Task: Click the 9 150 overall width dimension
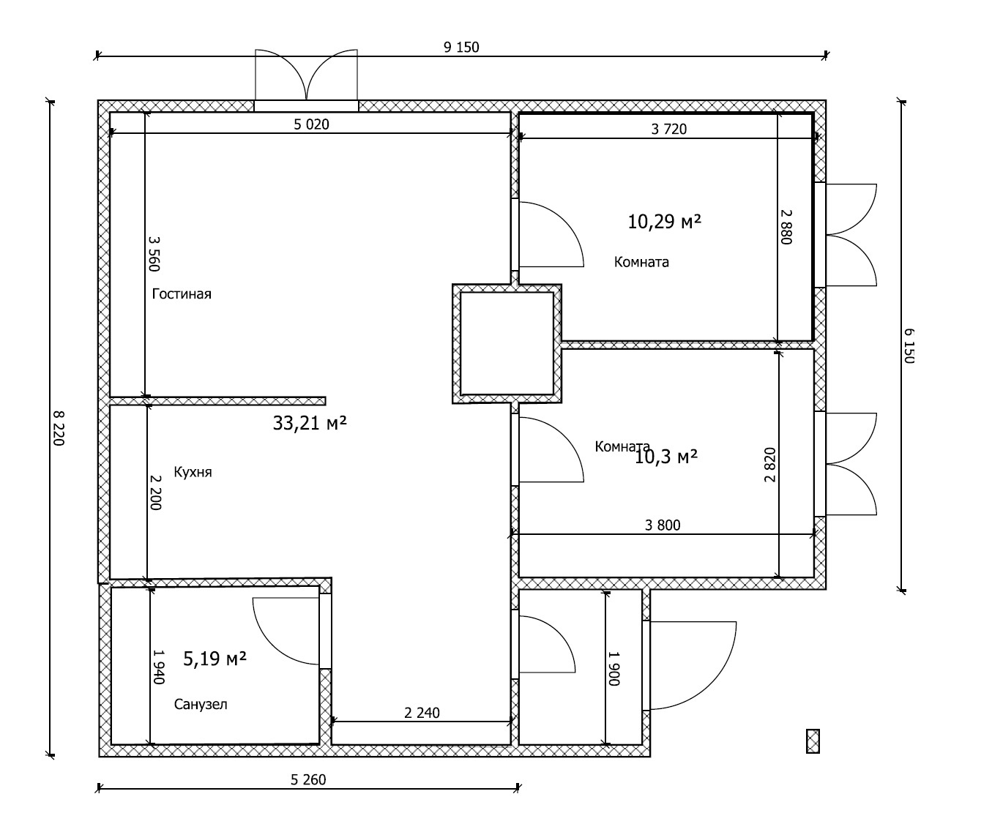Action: tap(461, 48)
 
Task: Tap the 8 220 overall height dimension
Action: tap(59, 428)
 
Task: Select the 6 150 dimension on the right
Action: tap(909, 345)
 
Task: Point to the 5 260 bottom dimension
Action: tap(308, 780)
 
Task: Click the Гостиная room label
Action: tap(182, 294)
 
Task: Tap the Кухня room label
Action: tap(193, 472)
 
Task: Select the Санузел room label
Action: tap(201, 705)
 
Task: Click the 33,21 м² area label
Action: tap(310, 423)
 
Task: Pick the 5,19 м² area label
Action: tap(215, 659)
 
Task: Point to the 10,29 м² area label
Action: tap(664, 222)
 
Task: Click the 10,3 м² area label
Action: tap(666, 457)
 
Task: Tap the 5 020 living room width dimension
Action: tap(311, 124)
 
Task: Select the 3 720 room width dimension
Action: tap(668, 130)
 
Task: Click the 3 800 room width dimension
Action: tap(663, 525)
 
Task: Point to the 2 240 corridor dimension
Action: tap(422, 713)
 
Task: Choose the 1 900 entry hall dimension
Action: tap(614, 668)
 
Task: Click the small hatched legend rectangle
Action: tap(813, 741)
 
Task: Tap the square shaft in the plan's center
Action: tap(507, 344)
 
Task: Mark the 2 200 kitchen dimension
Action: tap(155, 492)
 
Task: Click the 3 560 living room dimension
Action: tap(154, 253)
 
